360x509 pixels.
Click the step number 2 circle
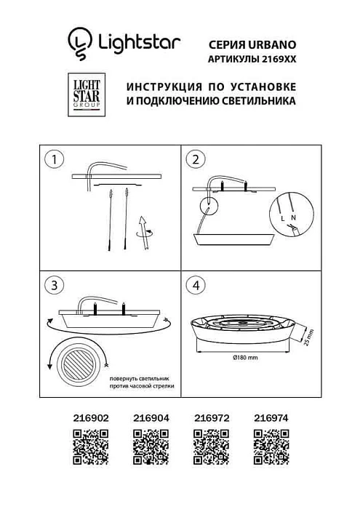tap(195, 159)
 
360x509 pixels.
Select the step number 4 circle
tap(195, 285)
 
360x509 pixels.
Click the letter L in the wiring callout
tap(281, 217)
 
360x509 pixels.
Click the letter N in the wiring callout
tap(293, 217)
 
